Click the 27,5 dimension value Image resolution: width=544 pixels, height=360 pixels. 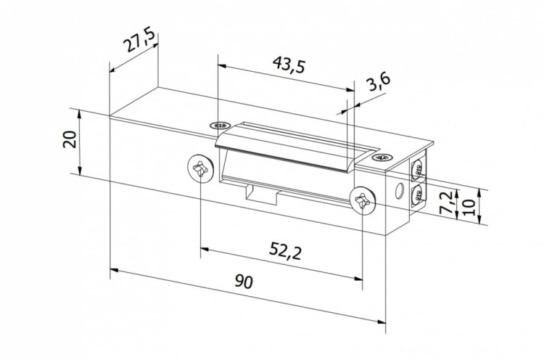(137, 41)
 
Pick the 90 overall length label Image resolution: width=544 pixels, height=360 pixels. (244, 283)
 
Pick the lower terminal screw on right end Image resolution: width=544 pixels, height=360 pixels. (417, 196)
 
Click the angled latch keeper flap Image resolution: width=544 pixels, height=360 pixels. (290, 150)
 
